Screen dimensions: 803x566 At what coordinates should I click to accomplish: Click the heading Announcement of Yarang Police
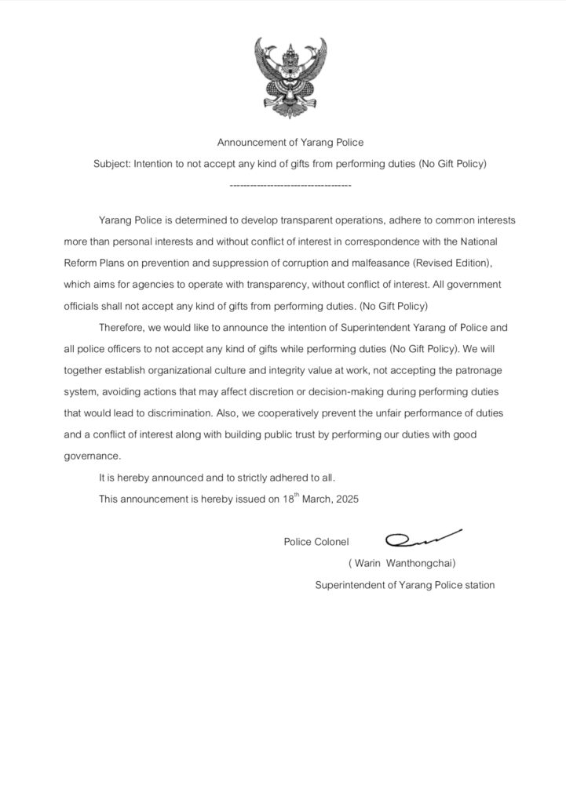click(290, 143)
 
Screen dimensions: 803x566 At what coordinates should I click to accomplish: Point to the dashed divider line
click(290, 186)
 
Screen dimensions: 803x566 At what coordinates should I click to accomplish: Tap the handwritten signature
click(423, 538)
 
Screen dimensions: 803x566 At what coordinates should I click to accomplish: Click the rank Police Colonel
click(316, 541)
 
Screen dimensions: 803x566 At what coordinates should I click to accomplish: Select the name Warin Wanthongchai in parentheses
click(402, 563)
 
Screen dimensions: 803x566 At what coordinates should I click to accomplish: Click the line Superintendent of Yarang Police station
click(404, 584)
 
